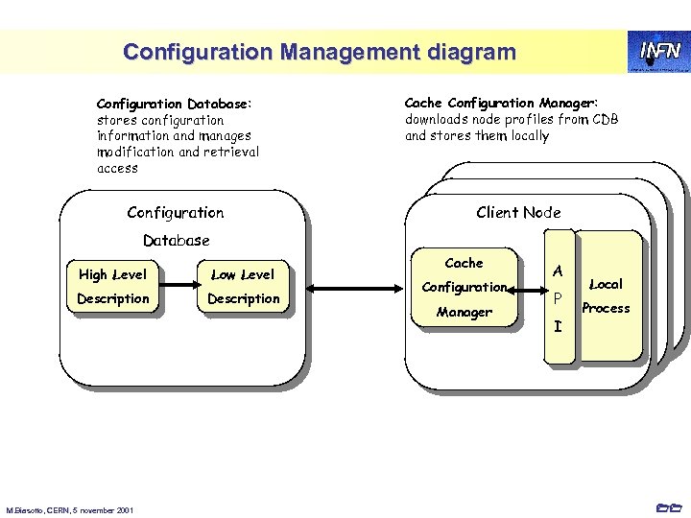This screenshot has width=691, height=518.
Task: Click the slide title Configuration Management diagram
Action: [x=319, y=52]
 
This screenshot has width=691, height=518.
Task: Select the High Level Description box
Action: [x=113, y=287]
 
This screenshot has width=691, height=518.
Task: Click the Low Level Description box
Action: [x=243, y=287]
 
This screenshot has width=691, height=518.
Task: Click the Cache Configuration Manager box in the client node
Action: [x=465, y=287]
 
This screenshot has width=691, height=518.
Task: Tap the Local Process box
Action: [x=607, y=295]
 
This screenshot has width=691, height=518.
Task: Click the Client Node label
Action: [x=518, y=212]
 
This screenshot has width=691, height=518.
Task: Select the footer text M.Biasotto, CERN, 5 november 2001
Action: [x=69, y=508]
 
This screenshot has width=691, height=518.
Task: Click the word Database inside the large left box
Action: [x=176, y=240]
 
